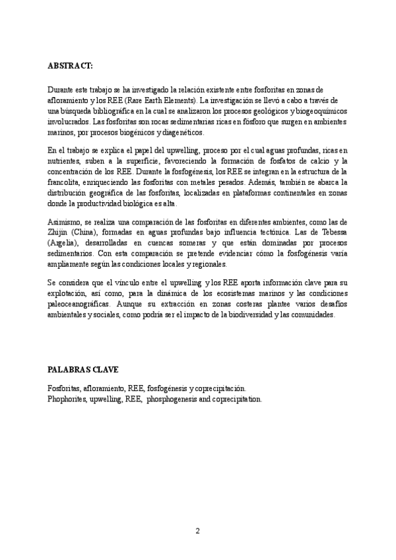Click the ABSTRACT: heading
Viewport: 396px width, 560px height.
[71, 67]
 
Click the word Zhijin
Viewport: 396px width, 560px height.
[59, 232]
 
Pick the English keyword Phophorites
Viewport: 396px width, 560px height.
[69, 399]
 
